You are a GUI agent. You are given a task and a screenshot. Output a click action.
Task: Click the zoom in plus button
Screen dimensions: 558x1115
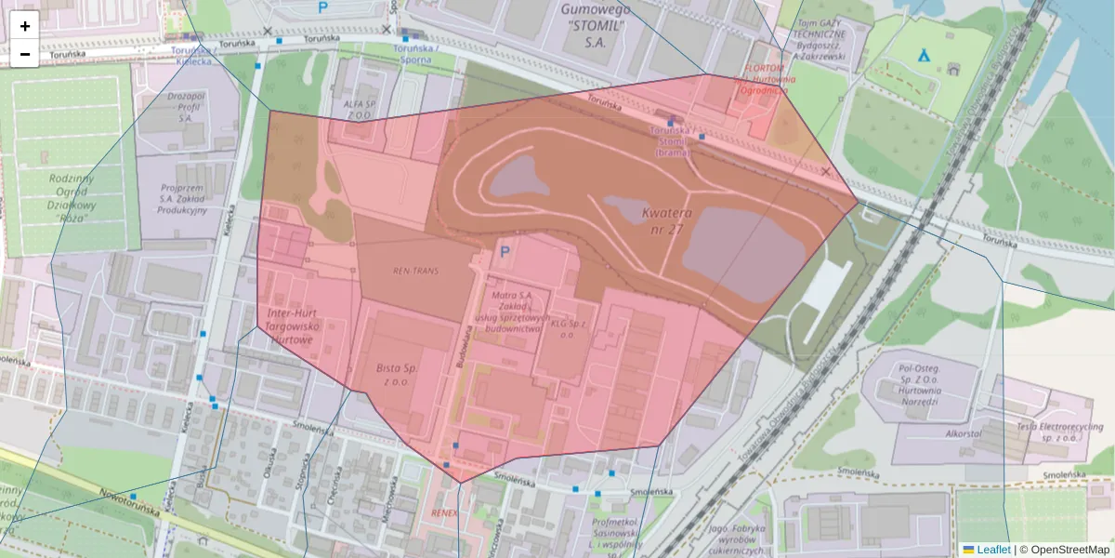coord(25,26)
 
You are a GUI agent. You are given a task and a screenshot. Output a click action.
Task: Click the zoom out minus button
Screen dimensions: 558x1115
coord(25,54)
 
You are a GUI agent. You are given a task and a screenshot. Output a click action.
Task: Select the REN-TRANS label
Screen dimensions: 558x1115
coord(414,271)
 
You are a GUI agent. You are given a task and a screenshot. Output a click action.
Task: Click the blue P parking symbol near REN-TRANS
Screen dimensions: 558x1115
coord(505,251)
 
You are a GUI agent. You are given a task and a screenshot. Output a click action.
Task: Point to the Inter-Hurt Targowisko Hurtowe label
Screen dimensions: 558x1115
coord(293,326)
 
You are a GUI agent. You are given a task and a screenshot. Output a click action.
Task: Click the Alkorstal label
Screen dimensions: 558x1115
coord(964,434)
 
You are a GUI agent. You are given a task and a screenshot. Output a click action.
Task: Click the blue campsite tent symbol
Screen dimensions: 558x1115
coord(924,55)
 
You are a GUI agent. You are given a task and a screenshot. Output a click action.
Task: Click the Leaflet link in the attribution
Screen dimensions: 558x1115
coord(993,550)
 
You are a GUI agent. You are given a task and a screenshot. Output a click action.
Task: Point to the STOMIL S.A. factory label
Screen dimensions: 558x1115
coord(597,25)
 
